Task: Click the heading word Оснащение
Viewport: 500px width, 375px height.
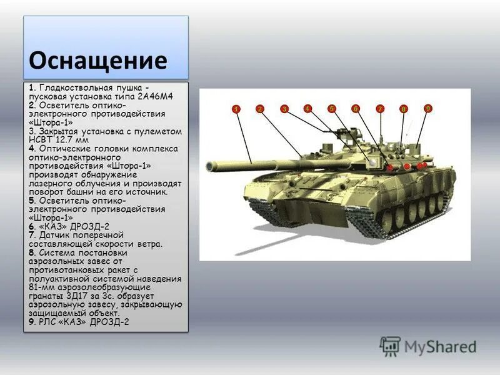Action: [98, 61]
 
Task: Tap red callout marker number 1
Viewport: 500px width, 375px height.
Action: [236, 109]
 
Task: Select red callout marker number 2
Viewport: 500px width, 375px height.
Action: [259, 109]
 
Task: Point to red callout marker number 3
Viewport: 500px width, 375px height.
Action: [284, 109]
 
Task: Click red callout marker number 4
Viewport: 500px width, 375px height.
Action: [307, 109]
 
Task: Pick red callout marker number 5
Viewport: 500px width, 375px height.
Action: [332, 109]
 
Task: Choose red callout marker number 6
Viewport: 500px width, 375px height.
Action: [356, 109]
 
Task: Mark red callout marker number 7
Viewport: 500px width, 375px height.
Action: [380, 109]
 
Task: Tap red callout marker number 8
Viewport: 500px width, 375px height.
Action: [404, 109]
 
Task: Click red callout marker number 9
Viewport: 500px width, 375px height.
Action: [428, 109]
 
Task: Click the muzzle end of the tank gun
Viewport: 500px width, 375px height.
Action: [209, 166]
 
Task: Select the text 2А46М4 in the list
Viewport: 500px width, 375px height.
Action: [155, 97]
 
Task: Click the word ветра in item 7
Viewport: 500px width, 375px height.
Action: [148, 243]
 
